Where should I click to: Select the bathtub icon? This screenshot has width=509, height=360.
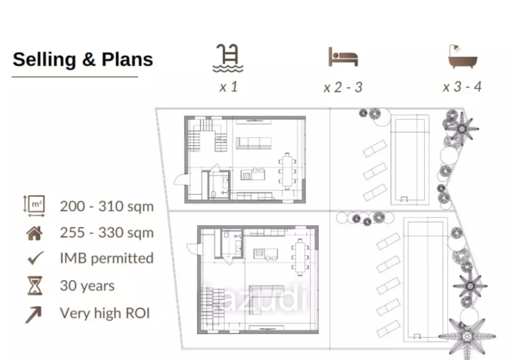463,57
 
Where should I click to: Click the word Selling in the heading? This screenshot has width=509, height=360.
44,59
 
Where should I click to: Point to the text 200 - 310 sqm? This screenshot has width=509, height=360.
106,206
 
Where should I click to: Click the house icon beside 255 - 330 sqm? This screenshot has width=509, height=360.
34,233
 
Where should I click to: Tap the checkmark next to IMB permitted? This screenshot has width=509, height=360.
35,258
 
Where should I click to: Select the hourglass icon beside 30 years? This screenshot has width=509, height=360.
35,285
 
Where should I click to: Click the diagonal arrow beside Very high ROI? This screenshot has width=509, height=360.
34,315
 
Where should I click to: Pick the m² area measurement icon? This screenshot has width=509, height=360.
34,206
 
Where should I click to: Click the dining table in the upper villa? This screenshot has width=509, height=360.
287,171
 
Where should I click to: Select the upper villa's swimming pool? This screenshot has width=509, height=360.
409,160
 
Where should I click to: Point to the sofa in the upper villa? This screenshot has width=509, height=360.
254,143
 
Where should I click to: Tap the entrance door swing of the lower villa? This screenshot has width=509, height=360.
192,248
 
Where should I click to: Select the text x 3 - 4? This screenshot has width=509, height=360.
462,87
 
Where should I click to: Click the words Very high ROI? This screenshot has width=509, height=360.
104,313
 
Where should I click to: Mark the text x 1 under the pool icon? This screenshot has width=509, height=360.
229,87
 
